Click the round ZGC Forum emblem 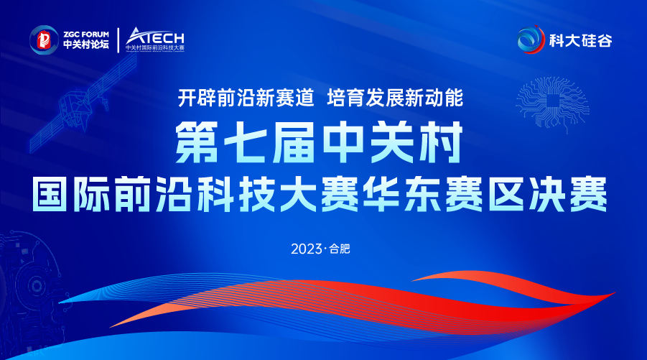(x=44, y=40)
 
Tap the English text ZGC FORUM (x=86, y=34)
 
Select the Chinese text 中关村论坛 (x=86, y=44)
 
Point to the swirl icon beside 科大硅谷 (x=531, y=40)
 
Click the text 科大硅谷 (x=580, y=40)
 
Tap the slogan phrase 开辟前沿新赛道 (x=246, y=98)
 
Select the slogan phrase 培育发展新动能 (x=395, y=98)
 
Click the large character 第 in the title (x=197, y=143)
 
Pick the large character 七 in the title (x=245, y=143)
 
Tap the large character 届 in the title (x=294, y=143)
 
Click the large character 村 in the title (x=440, y=143)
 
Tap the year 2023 (x=307, y=249)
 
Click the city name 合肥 (x=340, y=249)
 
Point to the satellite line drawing (x=83, y=103)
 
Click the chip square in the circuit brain (x=552, y=101)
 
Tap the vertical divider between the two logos (x=118, y=40)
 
